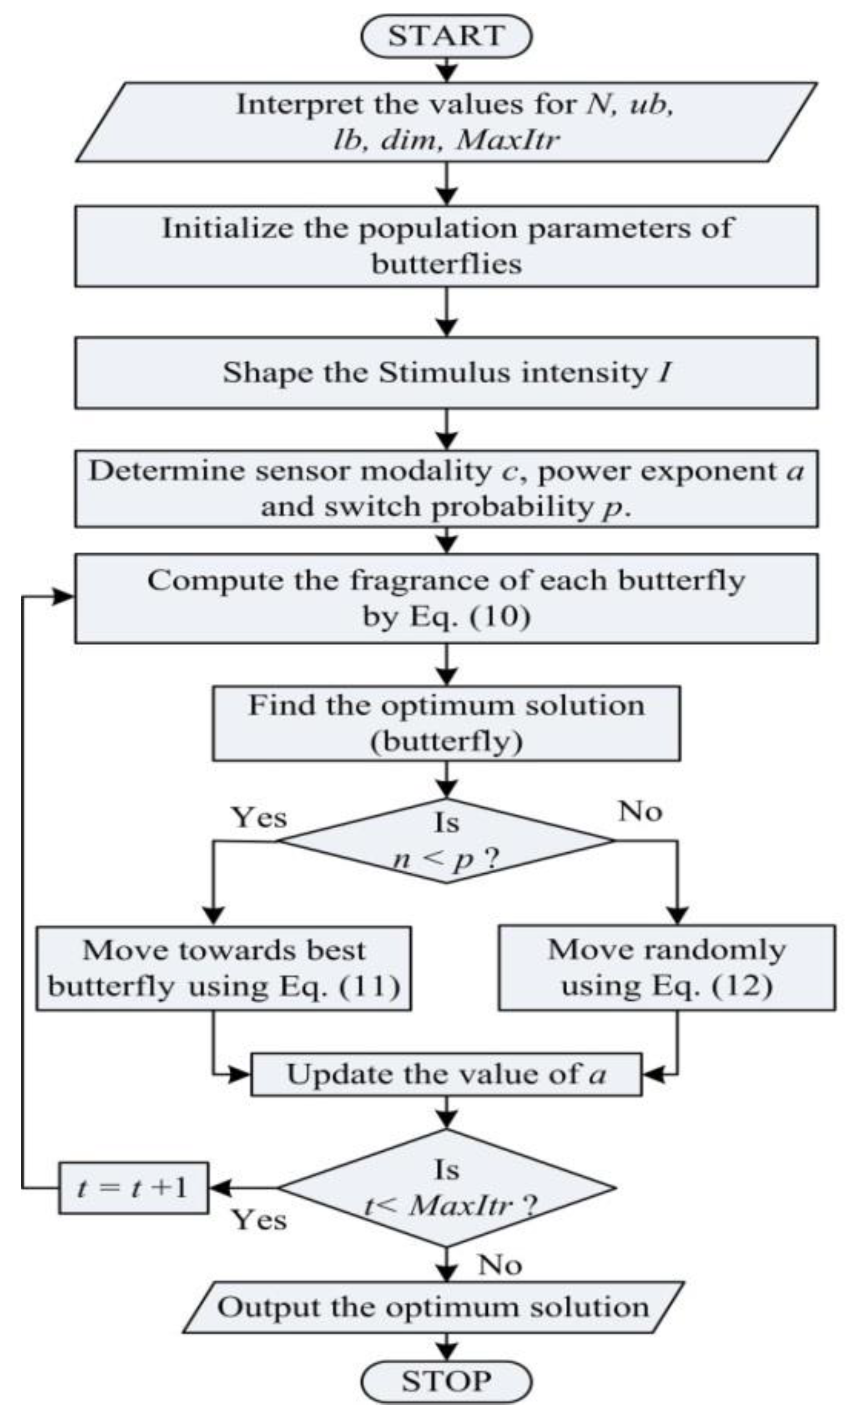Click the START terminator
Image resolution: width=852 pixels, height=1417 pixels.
tap(446, 35)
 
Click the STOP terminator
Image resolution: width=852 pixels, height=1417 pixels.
tap(446, 1381)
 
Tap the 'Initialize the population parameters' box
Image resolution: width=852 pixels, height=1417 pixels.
tap(446, 246)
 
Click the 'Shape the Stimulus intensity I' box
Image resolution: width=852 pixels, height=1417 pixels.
tap(446, 373)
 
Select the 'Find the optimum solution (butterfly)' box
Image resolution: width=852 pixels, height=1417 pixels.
tap(446, 723)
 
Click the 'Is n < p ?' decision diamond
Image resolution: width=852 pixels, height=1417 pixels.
tap(446, 840)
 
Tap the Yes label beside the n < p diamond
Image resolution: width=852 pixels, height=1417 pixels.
tap(259, 817)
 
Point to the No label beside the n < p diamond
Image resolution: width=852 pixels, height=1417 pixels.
tap(640, 811)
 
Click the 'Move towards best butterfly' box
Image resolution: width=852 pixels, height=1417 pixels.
tap(223, 968)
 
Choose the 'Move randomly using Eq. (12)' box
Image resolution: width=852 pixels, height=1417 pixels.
tap(666, 967)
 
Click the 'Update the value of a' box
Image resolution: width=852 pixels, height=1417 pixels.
tap(446, 1074)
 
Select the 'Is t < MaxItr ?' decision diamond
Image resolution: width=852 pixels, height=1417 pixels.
tap(446, 1187)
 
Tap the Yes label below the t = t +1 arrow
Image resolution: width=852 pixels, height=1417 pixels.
tap(259, 1220)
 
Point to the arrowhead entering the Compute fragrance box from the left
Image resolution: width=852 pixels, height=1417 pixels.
tap(63, 597)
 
